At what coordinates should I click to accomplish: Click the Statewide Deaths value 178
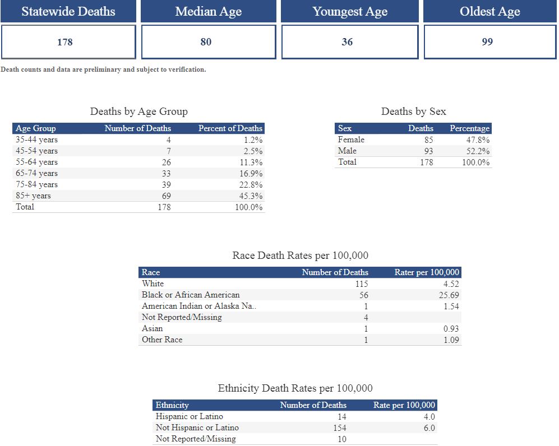point(65,42)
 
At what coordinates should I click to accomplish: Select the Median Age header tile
point(209,11)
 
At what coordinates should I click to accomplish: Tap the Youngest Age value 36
point(347,42)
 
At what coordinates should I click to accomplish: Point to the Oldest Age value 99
point(487,42)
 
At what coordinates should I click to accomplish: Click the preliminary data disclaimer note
point(103,70)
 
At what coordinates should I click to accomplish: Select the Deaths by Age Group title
point(139,112)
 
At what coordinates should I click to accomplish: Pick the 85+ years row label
point(33,196)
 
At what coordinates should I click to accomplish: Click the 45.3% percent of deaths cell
point(251,196)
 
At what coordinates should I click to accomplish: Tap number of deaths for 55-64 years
point(166,162)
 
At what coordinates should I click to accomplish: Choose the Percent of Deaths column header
point(230,128)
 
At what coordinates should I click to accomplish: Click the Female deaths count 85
point(428,140)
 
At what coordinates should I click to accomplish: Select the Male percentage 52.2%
point(478,151)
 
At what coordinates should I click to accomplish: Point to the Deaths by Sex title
point(414,112)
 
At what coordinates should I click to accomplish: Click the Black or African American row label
point(191,295)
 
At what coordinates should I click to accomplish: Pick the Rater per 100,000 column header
point(427,272)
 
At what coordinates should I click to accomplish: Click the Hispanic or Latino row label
point(189,416)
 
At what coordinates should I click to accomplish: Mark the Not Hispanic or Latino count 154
point(339,428)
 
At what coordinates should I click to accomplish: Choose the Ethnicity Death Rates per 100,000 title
point(295,388)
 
